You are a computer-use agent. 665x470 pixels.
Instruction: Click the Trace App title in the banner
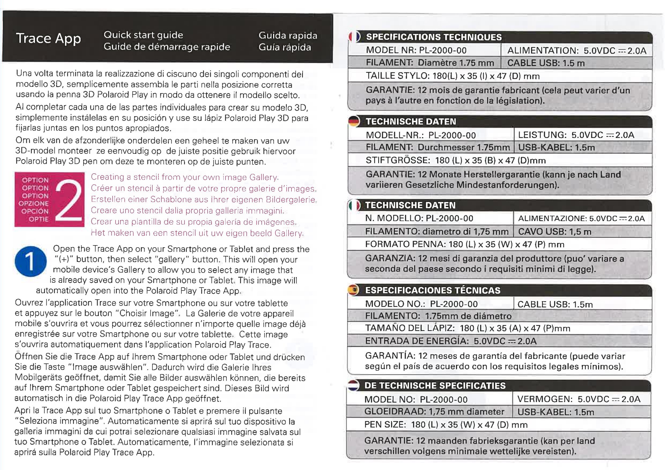pyautogui.click(x=48, y=39)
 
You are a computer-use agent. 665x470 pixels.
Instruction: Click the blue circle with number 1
pyautogui.click(x=31, y=261)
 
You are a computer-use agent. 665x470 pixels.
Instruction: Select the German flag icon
pyautogui.click(x=354, y=121)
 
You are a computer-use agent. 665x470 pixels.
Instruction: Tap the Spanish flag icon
pyautogui.click(x=353, y=290)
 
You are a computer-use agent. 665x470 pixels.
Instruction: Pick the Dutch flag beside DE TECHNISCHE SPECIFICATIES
pyautogui.click(x=353, y=385)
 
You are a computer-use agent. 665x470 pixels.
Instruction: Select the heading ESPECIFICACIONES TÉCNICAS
pyautogui.click(x=433, y=290)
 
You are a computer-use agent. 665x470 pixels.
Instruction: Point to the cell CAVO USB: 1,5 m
pyautogui.click(x=554, y=232)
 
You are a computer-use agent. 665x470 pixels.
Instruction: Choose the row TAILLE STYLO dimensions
pyautogui.click(x=452, y=76)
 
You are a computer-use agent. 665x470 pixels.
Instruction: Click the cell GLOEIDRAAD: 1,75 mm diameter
pyautogui.click(x=434, y=412)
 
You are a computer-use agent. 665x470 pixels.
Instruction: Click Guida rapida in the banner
pyautogui.click(x=288, y=36)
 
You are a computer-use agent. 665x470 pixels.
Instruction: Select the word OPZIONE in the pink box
pyautogui.click(x=34, y=203)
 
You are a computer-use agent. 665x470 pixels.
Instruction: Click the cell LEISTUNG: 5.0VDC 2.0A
pyautogui.click(x=576, y=135)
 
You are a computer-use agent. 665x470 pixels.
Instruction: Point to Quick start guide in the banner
pyautogui.click(x=143, y=35)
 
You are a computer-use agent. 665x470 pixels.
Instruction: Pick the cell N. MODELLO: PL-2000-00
pyautogui.click(x=419, y=218)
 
